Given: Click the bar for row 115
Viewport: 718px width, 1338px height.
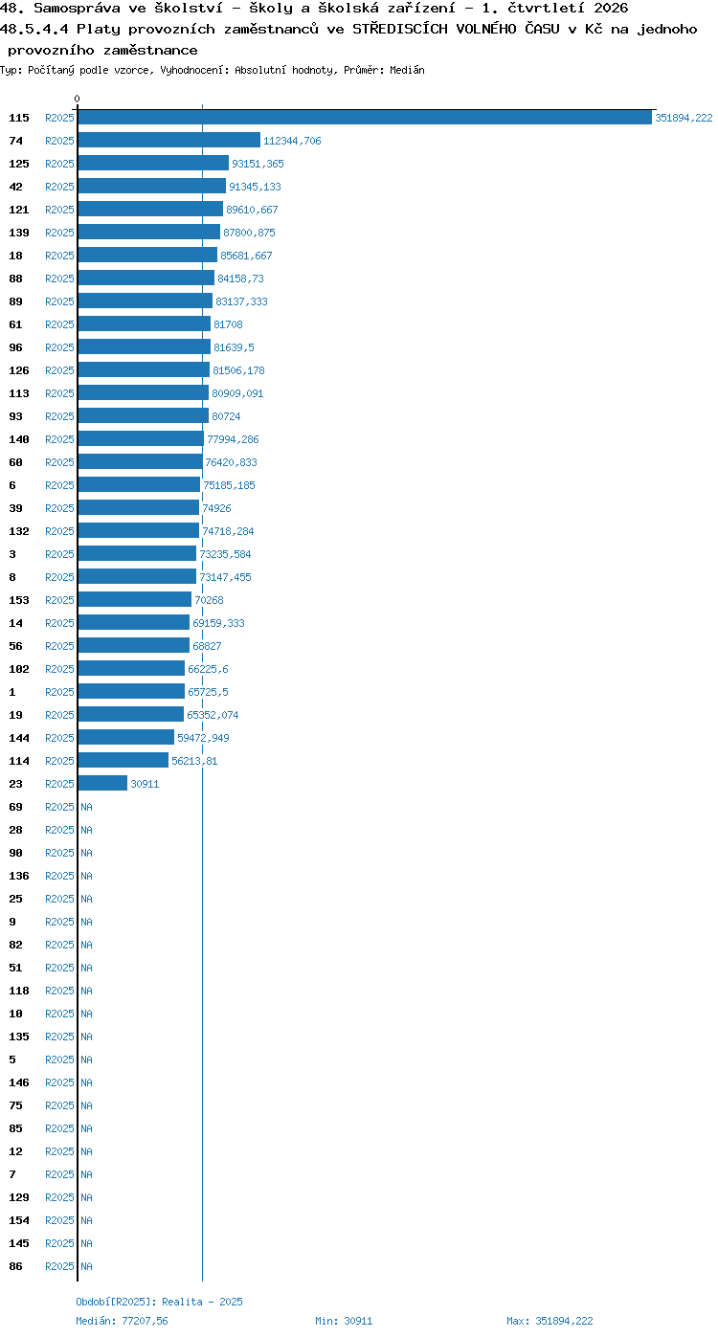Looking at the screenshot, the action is (x=365, y=117).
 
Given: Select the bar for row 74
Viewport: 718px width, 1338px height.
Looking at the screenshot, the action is (x=169, y=141).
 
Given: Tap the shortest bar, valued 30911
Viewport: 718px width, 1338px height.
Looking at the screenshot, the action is (x=102, y=783).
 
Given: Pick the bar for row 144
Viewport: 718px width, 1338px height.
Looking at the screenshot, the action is (x=126, y=737).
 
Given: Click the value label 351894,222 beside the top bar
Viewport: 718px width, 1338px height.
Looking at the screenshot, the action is (x=684, y=118).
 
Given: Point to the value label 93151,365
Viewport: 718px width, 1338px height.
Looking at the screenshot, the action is (x=258, y=164).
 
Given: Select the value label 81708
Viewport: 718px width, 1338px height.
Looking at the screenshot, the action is (x=228, y=324).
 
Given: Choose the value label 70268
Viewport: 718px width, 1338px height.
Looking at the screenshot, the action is (x=209, y=600).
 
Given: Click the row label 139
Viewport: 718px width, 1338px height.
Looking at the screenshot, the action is (x=19, y=233).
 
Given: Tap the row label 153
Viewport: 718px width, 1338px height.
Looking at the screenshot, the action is (x=19, y=600).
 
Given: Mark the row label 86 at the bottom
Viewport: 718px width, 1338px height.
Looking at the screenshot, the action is (x=15, y=1265).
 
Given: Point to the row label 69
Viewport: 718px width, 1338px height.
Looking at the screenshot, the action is (x=15, y=807).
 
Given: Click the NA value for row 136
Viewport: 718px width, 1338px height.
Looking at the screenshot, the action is (x=86, y=876).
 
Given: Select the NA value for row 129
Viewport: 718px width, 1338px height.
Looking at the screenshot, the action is (x=86, y=1197).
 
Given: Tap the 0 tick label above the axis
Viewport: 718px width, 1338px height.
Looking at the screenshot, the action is (x=77, y=99).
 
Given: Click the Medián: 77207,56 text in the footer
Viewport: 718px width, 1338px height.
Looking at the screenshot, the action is (x=122, y=1321).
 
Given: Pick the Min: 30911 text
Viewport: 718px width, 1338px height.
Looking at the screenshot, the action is (x=344, y=1321).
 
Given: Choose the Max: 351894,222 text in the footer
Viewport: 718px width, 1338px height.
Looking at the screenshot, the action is (x=550, y=1321).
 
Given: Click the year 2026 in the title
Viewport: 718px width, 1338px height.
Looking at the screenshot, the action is (x=611, y=8).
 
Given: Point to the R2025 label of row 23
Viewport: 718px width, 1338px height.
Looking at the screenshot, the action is (x=59, y=784).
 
